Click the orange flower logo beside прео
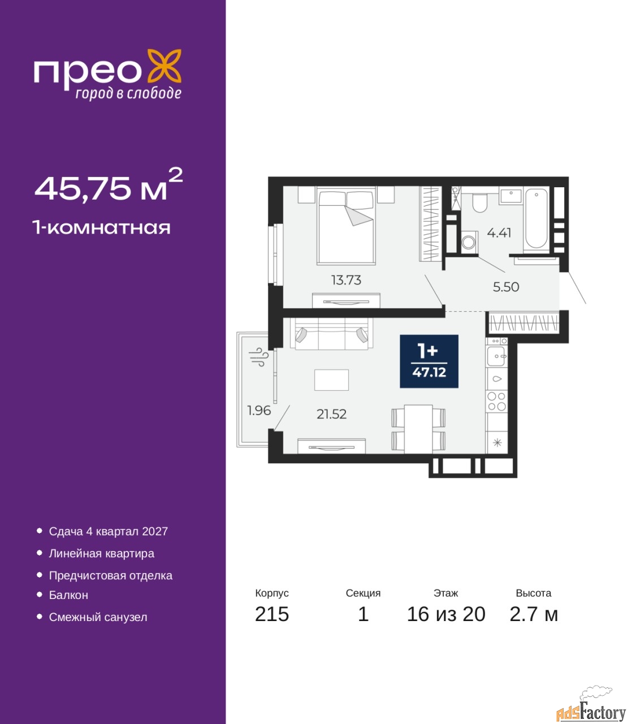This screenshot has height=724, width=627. [x=164, y=66]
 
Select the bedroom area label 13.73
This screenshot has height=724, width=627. [x=346, y=280]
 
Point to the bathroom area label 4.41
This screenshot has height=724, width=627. [x=499, y=233]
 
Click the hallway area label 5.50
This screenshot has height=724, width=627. [x=506, y=287]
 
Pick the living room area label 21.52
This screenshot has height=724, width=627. [x=331, y=415]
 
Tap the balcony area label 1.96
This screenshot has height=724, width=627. [x=259, y=410]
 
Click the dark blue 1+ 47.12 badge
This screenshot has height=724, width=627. [x=429, y=361]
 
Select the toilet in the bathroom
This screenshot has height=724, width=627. [x=479, y=203]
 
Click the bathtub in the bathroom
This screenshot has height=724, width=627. [x=536, y=219]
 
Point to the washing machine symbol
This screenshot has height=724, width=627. [x=468, y=242]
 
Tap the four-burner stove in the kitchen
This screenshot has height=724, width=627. [x=497, y=402]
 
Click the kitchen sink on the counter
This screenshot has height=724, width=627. [x=496, y=356]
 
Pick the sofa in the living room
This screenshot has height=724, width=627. [x=331, y=334]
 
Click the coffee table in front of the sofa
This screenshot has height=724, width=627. [x=331, y=380]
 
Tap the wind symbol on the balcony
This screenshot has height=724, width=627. [x=259, y=356]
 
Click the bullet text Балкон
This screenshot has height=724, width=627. [x=68, y=595]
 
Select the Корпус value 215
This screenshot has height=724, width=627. [x=272, y=614]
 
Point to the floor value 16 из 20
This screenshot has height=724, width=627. [x=446, y=614]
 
